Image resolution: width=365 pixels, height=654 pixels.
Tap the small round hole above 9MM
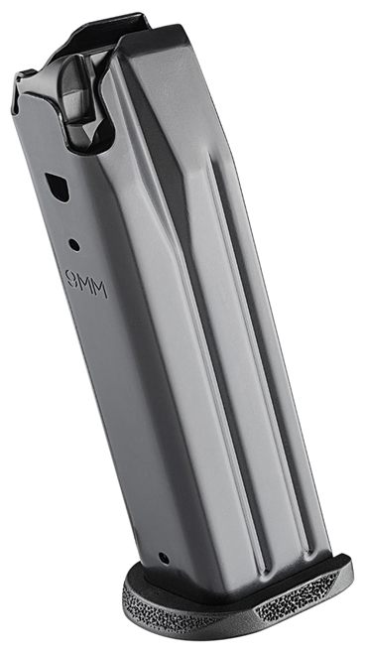tap(73, 241)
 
